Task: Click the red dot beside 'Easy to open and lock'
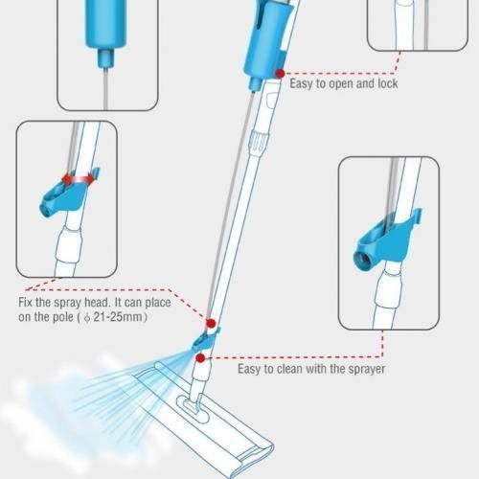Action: click(281, 74)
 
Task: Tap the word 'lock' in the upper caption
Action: click(388, 83)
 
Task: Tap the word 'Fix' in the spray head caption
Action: click(25, 302)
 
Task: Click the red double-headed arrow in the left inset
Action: click(79, 180)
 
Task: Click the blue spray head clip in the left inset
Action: click(68, 195)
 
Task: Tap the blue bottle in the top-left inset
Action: click(106, 24)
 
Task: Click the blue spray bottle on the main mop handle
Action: click(265, 41)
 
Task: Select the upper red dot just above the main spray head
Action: click(211, 324)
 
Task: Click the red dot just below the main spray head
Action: click(200, 358)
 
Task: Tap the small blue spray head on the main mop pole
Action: click(205, 341)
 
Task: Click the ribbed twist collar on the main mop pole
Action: click(259, 142)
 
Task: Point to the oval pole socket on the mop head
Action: click(193, 409)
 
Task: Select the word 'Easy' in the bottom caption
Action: click(249, 370)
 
